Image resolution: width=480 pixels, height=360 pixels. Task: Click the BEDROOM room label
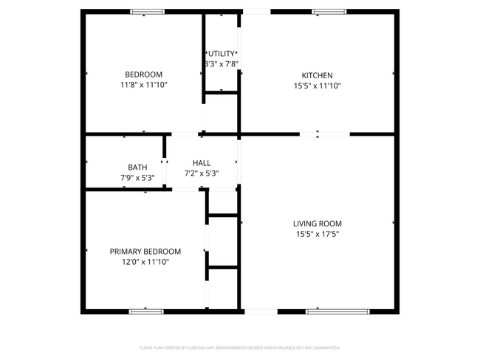143,75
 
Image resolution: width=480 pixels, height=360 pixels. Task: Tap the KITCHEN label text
317,75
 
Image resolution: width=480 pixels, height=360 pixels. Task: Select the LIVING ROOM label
317,224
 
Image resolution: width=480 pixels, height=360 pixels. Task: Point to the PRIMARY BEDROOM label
145,252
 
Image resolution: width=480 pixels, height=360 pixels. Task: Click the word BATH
137,167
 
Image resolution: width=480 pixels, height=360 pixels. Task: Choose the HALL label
201,163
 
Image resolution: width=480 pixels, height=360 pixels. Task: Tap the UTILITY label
222,54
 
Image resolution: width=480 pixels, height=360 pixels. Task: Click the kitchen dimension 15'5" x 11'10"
317,86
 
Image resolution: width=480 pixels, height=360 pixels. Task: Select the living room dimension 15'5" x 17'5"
317,234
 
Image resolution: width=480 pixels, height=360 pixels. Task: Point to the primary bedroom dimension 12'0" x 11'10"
145,262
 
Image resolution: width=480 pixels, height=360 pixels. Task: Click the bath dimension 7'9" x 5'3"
137,178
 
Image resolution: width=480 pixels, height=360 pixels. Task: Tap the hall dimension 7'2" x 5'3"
201,173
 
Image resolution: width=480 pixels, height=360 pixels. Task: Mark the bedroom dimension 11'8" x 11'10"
143,85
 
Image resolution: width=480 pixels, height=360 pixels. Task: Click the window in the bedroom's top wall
148,12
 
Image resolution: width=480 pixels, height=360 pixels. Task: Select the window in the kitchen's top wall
329,12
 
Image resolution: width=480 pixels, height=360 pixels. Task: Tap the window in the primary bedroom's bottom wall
146,311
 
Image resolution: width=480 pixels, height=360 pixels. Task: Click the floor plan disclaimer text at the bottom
239,347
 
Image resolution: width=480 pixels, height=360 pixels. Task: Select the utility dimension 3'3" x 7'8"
222,64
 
